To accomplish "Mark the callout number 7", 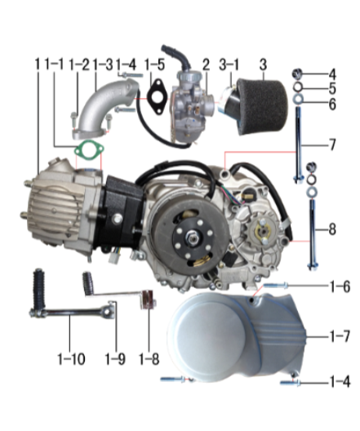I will (331, 145).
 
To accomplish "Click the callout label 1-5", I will (154, 64).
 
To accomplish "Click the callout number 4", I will (331, 74).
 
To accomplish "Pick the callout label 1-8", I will (147, 358).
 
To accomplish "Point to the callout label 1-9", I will (113, 358).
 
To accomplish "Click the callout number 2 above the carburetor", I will (206, 64).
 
